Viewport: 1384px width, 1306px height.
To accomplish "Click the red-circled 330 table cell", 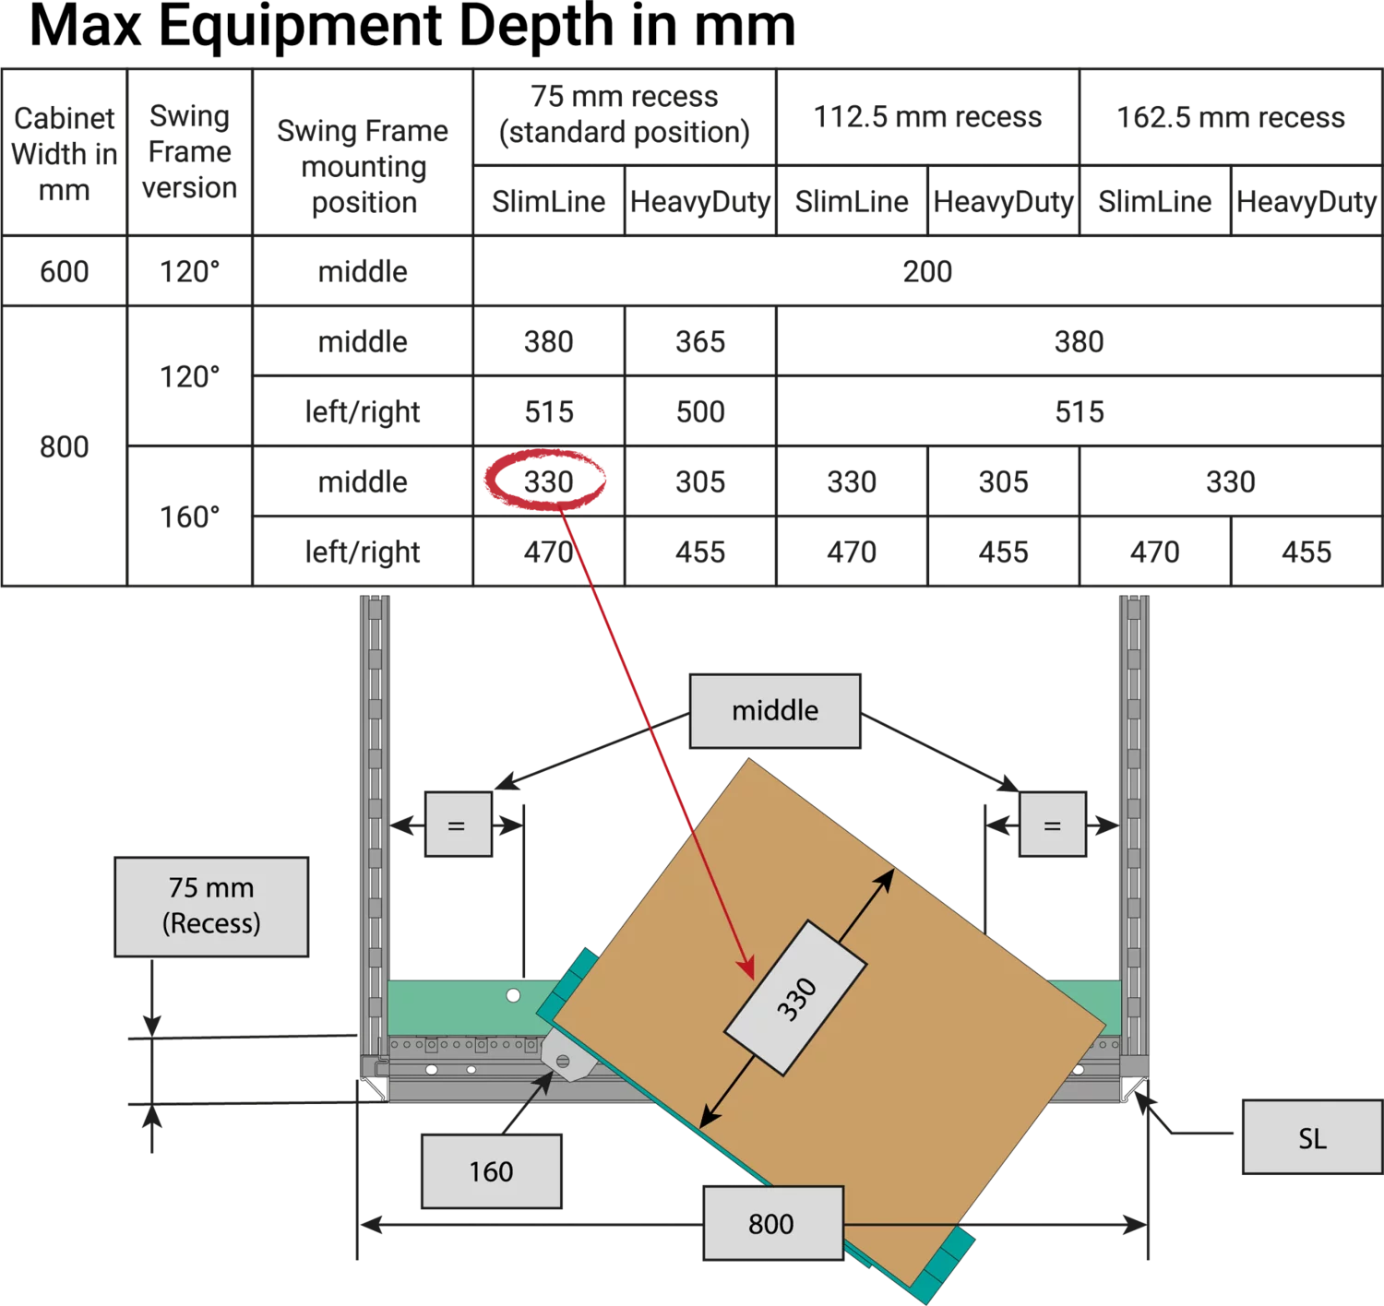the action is point(548,481).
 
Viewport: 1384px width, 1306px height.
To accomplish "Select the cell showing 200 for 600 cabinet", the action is point(927,271).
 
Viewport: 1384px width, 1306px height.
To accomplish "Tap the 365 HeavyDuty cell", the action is point(700,341).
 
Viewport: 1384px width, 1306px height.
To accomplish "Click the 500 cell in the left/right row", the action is point(700,411).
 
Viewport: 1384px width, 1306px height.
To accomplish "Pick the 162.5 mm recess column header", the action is point(1231,117).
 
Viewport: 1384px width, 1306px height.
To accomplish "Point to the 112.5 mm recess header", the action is point(927,117).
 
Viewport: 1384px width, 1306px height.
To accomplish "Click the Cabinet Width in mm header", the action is point(64,152).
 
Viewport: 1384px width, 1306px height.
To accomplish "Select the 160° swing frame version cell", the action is point(189,516).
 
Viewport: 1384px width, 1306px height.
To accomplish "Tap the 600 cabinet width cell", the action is point(64,271).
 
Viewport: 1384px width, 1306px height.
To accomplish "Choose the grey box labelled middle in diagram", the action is point(775,711).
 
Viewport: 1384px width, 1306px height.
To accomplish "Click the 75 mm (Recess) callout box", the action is point(211,906).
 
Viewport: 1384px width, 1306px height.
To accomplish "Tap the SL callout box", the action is point(1312,1137).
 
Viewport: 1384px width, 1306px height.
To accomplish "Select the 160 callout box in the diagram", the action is point(491,1170).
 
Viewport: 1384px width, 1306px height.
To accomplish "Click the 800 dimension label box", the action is point(773,1223).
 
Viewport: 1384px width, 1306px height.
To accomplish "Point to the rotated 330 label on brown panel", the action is point(796,998).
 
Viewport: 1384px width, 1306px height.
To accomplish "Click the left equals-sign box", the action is point(459,824).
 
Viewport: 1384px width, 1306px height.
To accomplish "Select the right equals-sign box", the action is point(1052,824).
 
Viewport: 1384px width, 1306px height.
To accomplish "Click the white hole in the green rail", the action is point(513,995).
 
